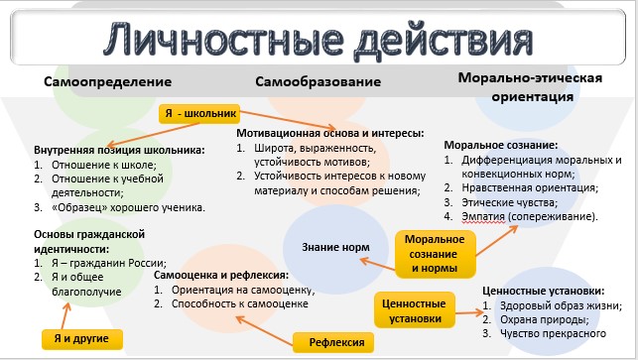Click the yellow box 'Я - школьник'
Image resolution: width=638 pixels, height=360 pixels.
coord(199,113)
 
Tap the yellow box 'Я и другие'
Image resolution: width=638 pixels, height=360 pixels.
coord(81,339)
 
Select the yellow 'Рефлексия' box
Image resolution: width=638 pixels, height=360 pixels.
coord(333,342)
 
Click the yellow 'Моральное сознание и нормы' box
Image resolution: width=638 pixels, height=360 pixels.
coord(435,254)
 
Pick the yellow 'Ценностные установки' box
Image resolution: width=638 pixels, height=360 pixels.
coord(414,310)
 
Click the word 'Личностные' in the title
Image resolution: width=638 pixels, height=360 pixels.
coord(223,40)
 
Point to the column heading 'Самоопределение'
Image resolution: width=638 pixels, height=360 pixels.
coord(108,81)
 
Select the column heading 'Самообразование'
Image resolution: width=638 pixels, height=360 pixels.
coord(319,81)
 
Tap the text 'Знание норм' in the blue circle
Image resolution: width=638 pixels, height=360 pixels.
coord(335,247)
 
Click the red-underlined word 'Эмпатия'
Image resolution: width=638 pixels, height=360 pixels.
coord(483,216)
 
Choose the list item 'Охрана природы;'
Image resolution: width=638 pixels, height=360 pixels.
coord(545,319)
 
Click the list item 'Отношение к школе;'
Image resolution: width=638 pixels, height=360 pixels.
coord(104,166)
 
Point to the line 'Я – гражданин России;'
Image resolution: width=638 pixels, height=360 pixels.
coord(109,263)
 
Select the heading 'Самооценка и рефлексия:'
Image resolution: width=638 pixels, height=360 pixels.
coord(221,276)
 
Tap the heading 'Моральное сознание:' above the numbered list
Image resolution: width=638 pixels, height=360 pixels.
coord(501,145)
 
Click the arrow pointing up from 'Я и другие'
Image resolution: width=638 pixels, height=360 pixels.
coord(65,315)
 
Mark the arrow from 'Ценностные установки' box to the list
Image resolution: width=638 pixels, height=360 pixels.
coord(468,312)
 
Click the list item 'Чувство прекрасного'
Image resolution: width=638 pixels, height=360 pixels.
coord(553,333)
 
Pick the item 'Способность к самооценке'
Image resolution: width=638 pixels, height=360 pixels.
coord(240,303)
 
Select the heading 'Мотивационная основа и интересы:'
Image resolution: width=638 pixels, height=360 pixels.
coord(330,133)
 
